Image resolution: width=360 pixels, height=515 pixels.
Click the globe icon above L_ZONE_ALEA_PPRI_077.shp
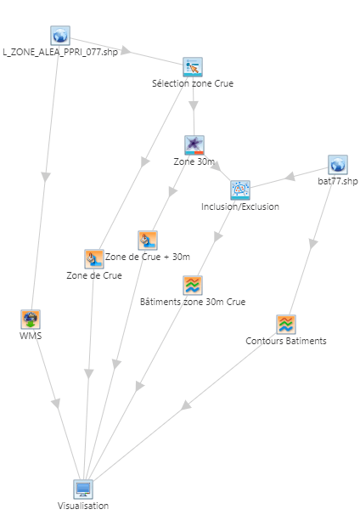point(60,36)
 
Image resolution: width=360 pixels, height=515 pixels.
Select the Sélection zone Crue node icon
point(193,67)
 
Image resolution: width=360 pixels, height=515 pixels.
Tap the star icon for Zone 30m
point(194,145)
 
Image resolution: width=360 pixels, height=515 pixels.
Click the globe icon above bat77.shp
point(338,165)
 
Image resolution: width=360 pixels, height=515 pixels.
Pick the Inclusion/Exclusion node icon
point(240,190)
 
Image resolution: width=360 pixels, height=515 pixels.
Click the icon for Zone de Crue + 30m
point(148,241)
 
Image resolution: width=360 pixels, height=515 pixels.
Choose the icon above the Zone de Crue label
point(94,259)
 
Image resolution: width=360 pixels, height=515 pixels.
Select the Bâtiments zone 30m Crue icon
point(193,285)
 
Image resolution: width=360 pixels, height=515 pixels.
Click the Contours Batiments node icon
point(286,324)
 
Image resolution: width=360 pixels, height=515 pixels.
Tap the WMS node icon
point(31,319)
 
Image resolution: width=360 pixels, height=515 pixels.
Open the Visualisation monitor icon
point(83,489)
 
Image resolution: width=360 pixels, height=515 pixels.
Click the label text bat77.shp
point(338,181)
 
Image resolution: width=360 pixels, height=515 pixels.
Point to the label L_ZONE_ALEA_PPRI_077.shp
point(60,52)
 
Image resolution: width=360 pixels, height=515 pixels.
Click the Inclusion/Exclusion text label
point(240,207)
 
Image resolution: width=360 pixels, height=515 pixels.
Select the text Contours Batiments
point(286,341)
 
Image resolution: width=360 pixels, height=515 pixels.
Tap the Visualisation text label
point(83,506)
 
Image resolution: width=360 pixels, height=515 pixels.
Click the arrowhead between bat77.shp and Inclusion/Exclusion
point(290,177)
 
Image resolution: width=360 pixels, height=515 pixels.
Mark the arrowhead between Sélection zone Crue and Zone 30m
point(194,105)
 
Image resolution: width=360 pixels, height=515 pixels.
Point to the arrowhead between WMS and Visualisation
point(56,404)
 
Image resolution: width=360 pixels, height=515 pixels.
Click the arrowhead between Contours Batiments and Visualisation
point(187,405)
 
